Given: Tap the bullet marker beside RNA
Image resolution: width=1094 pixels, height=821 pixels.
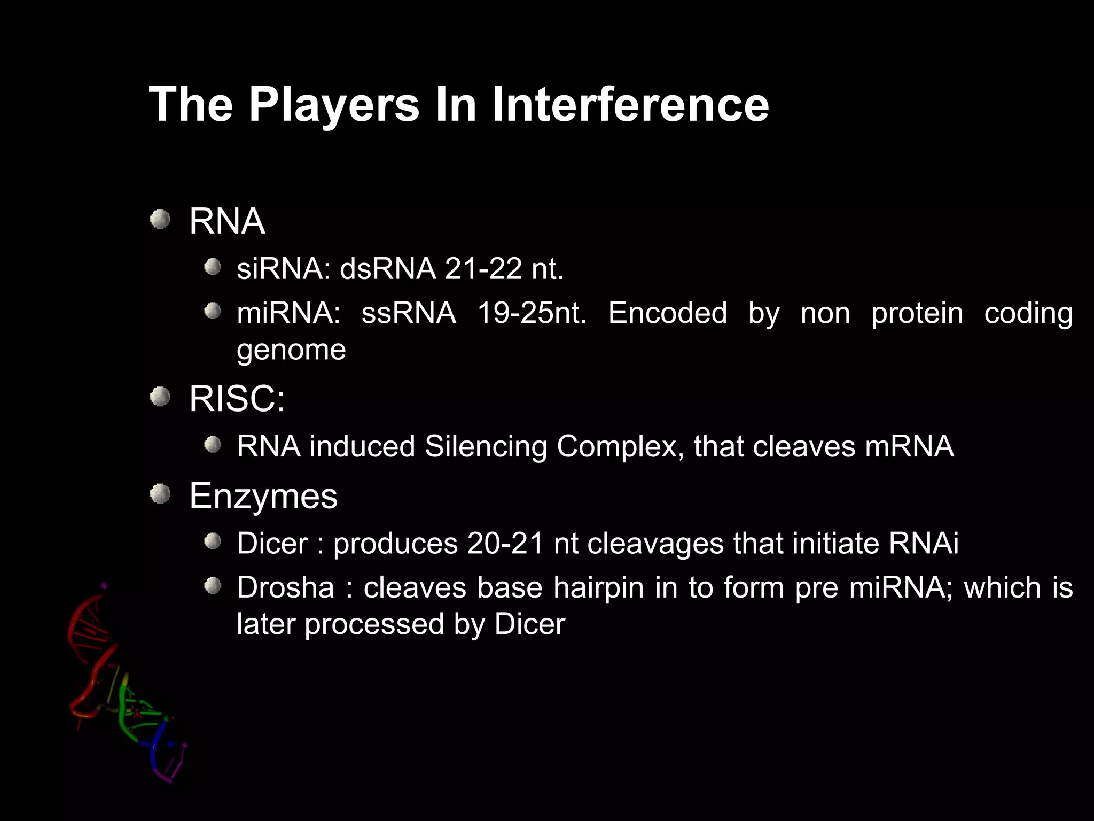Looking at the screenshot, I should [x=160, y=219].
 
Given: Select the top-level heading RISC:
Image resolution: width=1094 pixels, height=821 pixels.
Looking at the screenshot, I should [x=237, y=399].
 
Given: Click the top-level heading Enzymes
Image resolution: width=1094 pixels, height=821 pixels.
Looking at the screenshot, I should [x=263, y=496].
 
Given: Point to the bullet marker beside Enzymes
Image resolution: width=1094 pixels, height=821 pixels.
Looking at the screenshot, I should [x=160, y=494].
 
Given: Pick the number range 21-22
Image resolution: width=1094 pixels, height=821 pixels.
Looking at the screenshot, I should [x=483, y=268].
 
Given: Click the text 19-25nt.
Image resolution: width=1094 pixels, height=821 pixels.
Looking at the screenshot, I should [x=532, y=313].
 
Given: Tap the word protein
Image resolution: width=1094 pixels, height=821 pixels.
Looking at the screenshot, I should [x=917, y=313].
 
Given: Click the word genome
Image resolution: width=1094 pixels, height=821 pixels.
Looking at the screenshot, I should [x=291, y=351].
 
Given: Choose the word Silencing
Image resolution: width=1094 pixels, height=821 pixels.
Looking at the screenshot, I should [x=486, y=446].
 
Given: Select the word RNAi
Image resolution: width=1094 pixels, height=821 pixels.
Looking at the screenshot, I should [x=924, y=544].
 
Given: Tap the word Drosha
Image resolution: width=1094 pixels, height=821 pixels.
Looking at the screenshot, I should [x=285, y=587].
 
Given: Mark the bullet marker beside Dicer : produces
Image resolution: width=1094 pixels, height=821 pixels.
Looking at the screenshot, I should [x=213, y=542].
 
